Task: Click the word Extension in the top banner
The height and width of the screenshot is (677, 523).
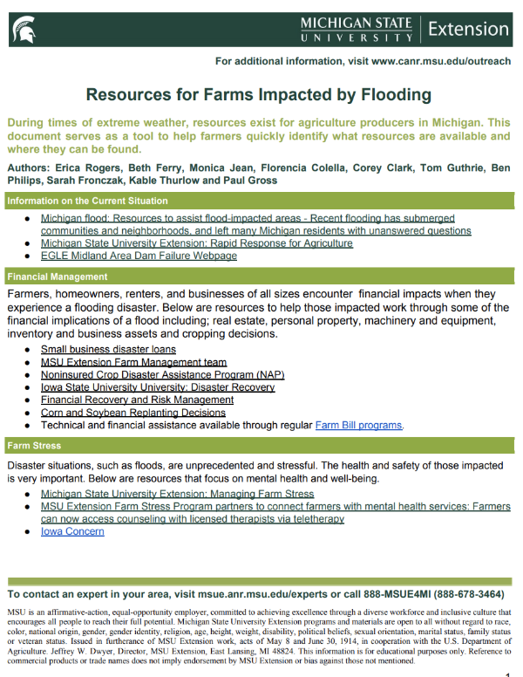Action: click(468, 29)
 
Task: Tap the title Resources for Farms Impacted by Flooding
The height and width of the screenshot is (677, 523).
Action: click(259, 94)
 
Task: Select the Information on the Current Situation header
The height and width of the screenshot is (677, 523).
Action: click(87, 201)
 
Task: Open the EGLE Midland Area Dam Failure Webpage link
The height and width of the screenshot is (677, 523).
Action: click(139, 256)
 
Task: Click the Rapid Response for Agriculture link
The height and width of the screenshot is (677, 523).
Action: click(196, 243)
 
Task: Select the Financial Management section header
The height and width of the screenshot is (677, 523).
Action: click(58, 277)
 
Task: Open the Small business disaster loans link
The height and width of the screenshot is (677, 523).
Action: click(108, 349)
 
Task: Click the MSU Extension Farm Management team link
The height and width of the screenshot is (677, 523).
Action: click(133, 362)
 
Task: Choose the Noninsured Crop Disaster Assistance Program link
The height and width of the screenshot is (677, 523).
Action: click(162, 374)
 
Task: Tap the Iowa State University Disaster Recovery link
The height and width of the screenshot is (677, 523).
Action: click(158, 387)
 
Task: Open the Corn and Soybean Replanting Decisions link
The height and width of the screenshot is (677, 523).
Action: click(132, 413)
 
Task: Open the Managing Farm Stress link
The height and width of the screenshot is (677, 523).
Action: click(177, 494)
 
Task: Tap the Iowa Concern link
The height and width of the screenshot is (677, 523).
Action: click(72, 531)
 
